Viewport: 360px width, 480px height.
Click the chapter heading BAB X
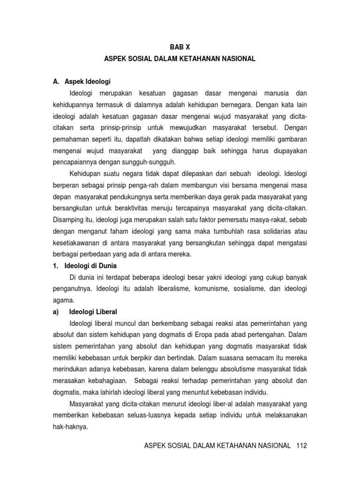tap(180, 47)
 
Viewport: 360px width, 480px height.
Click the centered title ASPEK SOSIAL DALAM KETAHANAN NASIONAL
tap(180, 59)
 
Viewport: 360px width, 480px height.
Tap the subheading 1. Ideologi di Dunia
tap(84, 266)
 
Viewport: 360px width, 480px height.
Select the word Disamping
tap(66, 220)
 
